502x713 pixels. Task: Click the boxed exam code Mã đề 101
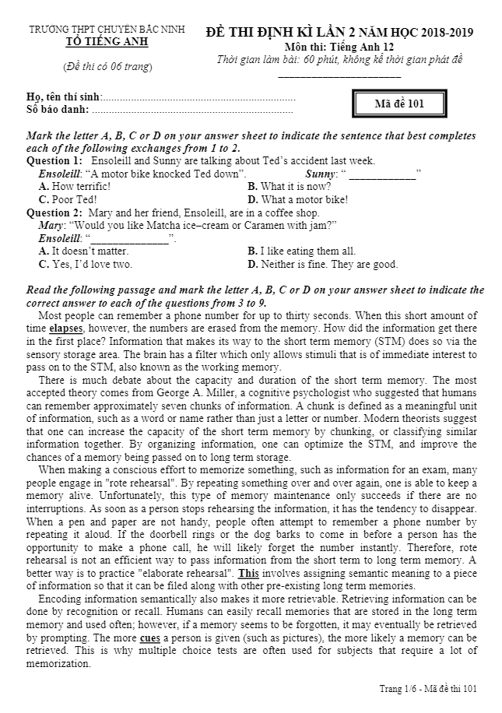[398, 104]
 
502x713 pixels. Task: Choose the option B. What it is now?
[290, 187]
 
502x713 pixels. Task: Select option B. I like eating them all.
[302, 251]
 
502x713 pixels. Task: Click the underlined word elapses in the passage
[66, 328]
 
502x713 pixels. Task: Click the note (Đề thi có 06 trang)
[107, 67]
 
